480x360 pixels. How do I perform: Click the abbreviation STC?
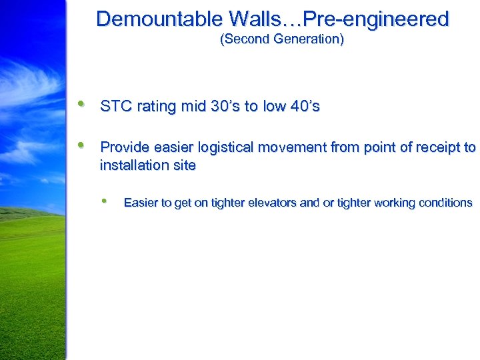tap(114, 107)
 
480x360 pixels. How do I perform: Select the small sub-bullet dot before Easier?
tap(104, 201)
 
